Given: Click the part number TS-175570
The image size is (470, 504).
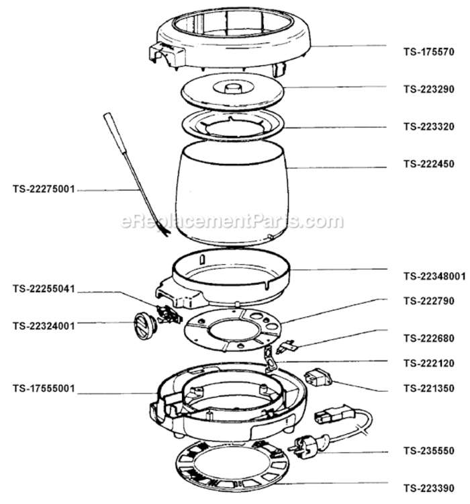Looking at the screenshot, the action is [429, 52].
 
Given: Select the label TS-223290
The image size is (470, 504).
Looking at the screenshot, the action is [429, 89].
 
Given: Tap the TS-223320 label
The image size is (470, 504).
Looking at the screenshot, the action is [429, 126].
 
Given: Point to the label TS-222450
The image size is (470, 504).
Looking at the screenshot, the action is [429, 164].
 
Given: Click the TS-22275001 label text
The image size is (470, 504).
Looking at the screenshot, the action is [44, 189].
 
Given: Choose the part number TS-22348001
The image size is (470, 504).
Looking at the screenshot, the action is [434, 276].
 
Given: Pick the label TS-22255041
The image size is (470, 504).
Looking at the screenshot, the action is [44, 289].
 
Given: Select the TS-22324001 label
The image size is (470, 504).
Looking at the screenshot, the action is [44, 326].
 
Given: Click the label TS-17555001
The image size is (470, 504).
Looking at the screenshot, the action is [44, 388].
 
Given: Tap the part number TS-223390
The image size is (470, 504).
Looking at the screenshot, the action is [429, 489].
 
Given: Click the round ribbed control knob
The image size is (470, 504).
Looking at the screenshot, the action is [144, 325].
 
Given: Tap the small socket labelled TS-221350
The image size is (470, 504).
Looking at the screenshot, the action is [318, 378].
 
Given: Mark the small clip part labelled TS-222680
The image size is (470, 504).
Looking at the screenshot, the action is [287, 347].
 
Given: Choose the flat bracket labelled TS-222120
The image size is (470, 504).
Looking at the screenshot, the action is [271, 359].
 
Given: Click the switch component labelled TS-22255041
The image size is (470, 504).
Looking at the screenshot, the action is [169, 314].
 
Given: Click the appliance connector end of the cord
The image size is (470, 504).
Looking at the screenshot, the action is [334, 415].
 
